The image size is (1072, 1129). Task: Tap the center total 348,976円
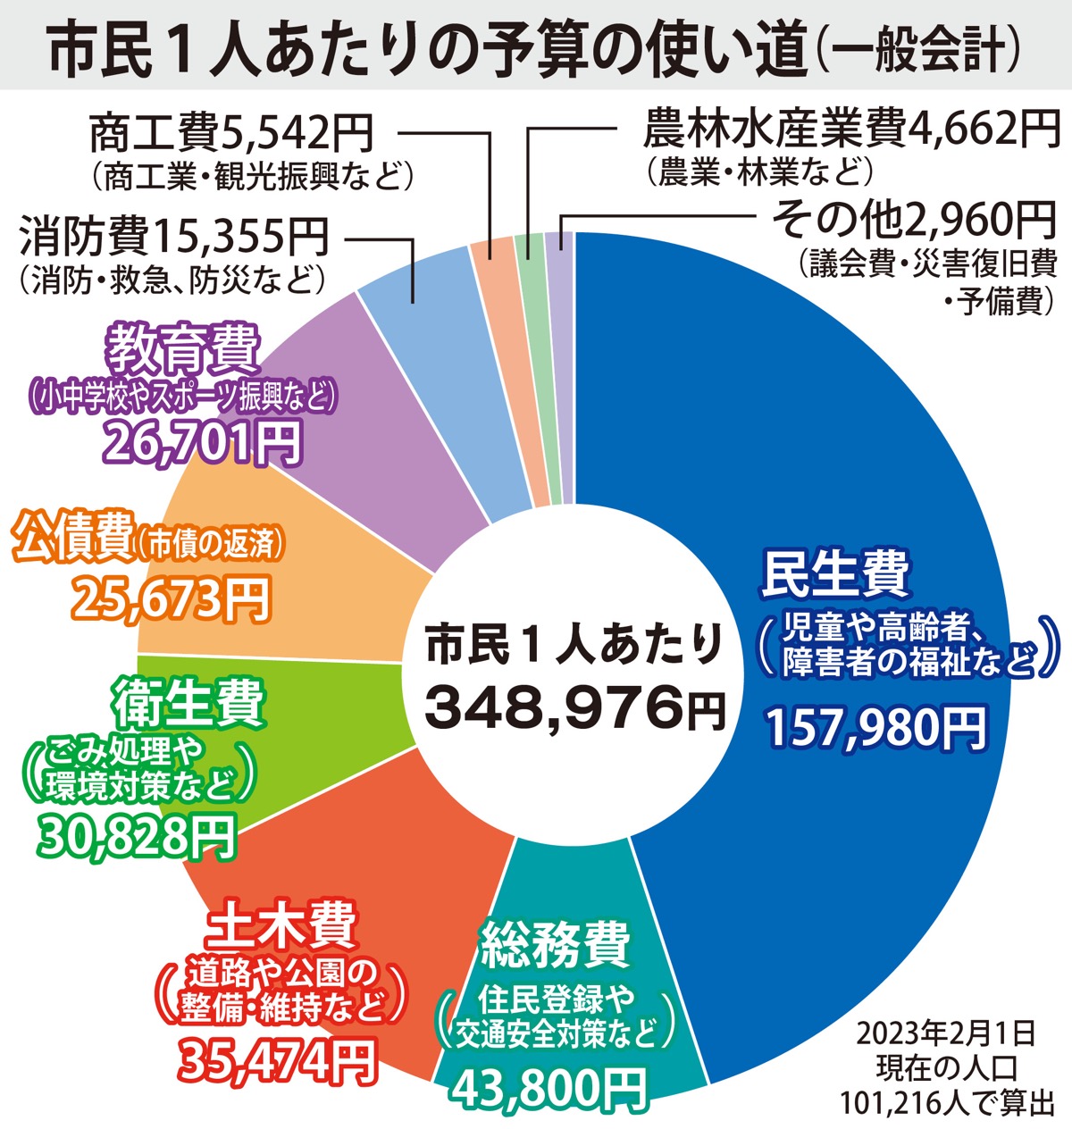click(572, 707)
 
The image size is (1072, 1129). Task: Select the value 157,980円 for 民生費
click(876, 728)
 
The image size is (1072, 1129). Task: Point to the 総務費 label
click(555, 946)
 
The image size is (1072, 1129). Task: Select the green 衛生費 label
click(188, 703)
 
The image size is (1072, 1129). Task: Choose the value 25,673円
click(170, 598)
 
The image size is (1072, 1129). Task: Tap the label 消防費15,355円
click(174, 237)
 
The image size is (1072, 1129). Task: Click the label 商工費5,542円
click(230, 134)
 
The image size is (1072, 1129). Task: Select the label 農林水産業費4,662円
click(850, 130)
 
